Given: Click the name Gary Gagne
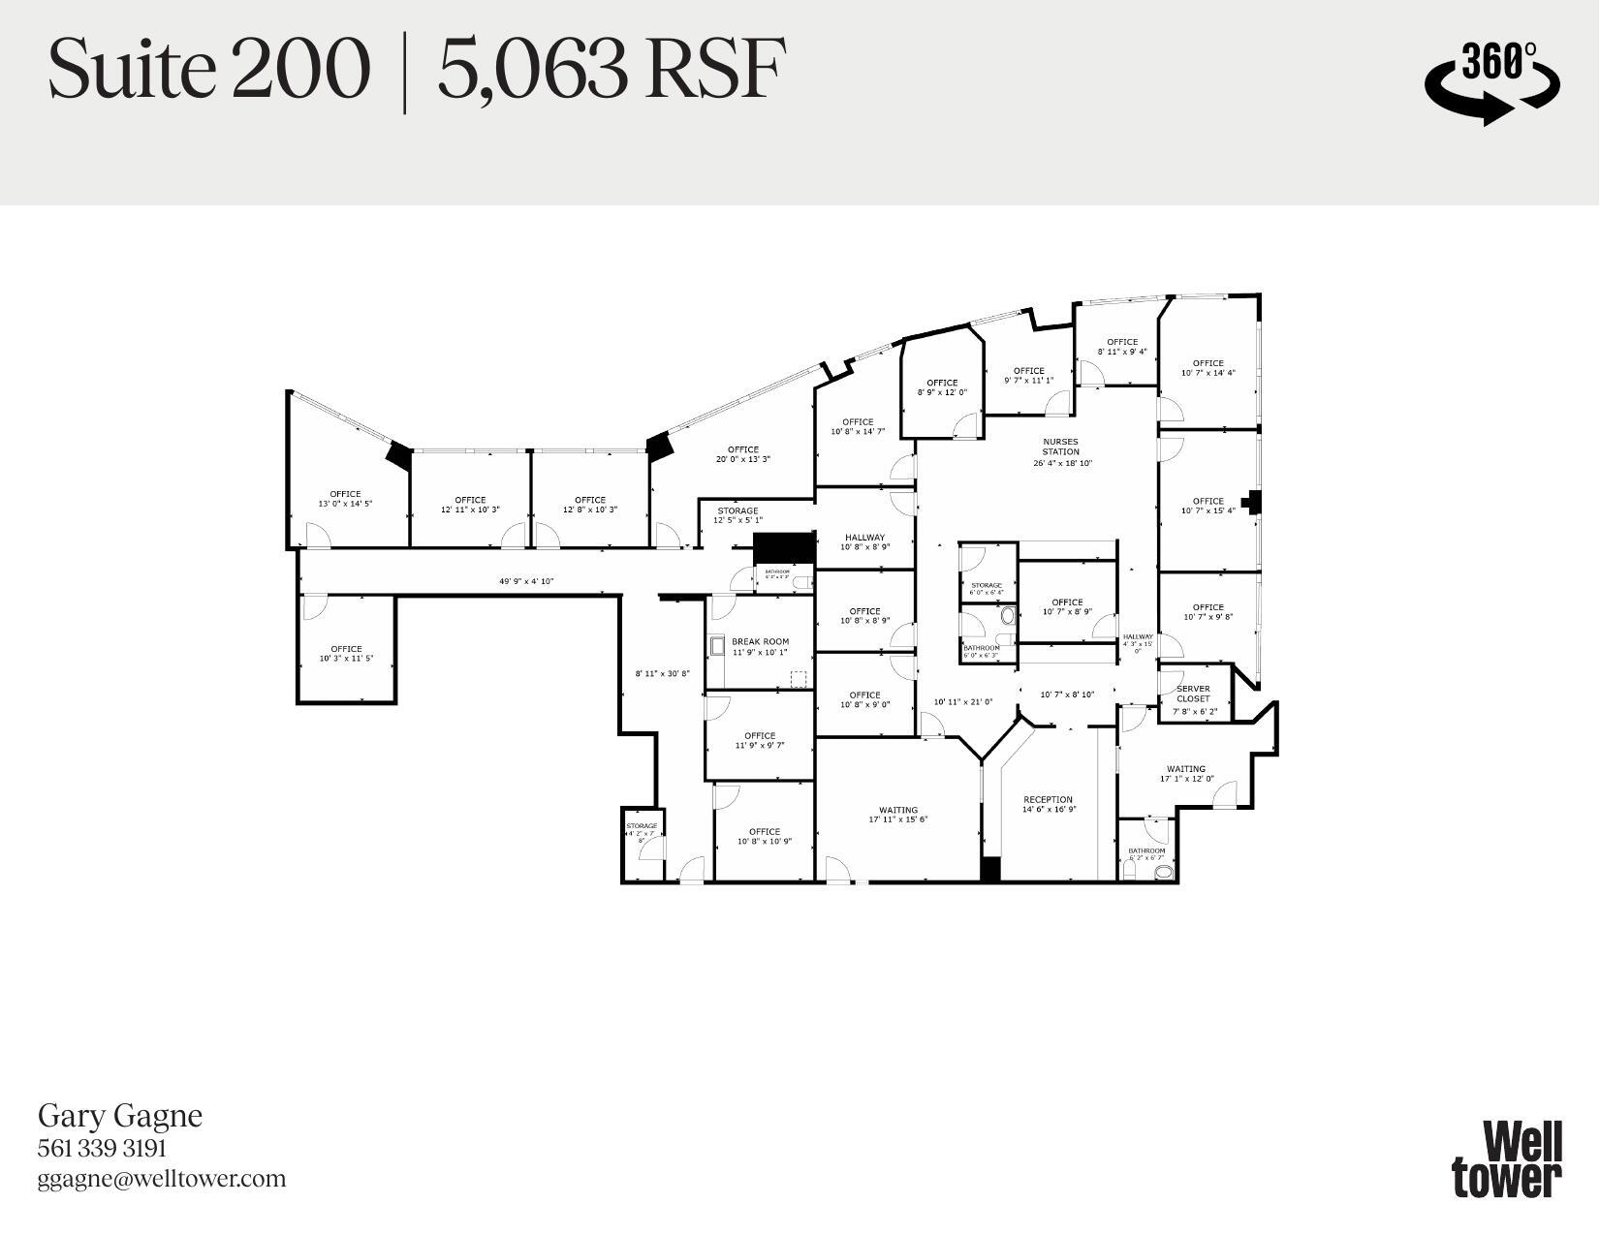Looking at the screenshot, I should [x=120, y=1115].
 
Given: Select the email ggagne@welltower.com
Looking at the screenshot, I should [x=162, y=1179].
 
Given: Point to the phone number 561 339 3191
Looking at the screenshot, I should [x=102, y=1148].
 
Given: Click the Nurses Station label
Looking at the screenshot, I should [x=1060, y=447].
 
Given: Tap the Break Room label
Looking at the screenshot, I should [x=760, y=641].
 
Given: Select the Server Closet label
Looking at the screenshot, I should [x=1193, y=694].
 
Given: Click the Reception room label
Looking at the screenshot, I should [x=1048, y=800].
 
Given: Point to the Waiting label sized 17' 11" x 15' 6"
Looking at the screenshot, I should [x=898, y=811].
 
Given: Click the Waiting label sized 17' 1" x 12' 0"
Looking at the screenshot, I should [x=1186, y=769].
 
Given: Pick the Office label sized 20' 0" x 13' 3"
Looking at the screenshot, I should [x=743, y=449].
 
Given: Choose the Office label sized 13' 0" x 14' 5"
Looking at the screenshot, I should [x=345, y=494].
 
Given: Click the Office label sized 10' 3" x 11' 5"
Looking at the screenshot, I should [x=346, y=649].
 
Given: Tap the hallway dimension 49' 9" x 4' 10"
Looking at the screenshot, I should [x=526, y=582].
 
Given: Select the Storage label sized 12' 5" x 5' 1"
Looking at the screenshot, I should [x=737, y=510].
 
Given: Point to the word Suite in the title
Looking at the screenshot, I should [x=131, y=70].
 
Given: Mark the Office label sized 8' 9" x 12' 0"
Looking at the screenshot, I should [x=942, y=383].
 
